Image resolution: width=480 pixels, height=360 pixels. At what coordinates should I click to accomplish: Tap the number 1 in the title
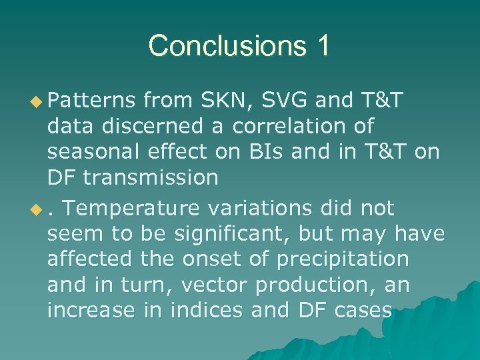coord(322,46)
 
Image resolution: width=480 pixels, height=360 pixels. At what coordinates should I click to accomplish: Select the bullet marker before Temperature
coord(38,209)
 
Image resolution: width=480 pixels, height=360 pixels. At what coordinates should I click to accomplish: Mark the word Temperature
coord(133,209)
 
